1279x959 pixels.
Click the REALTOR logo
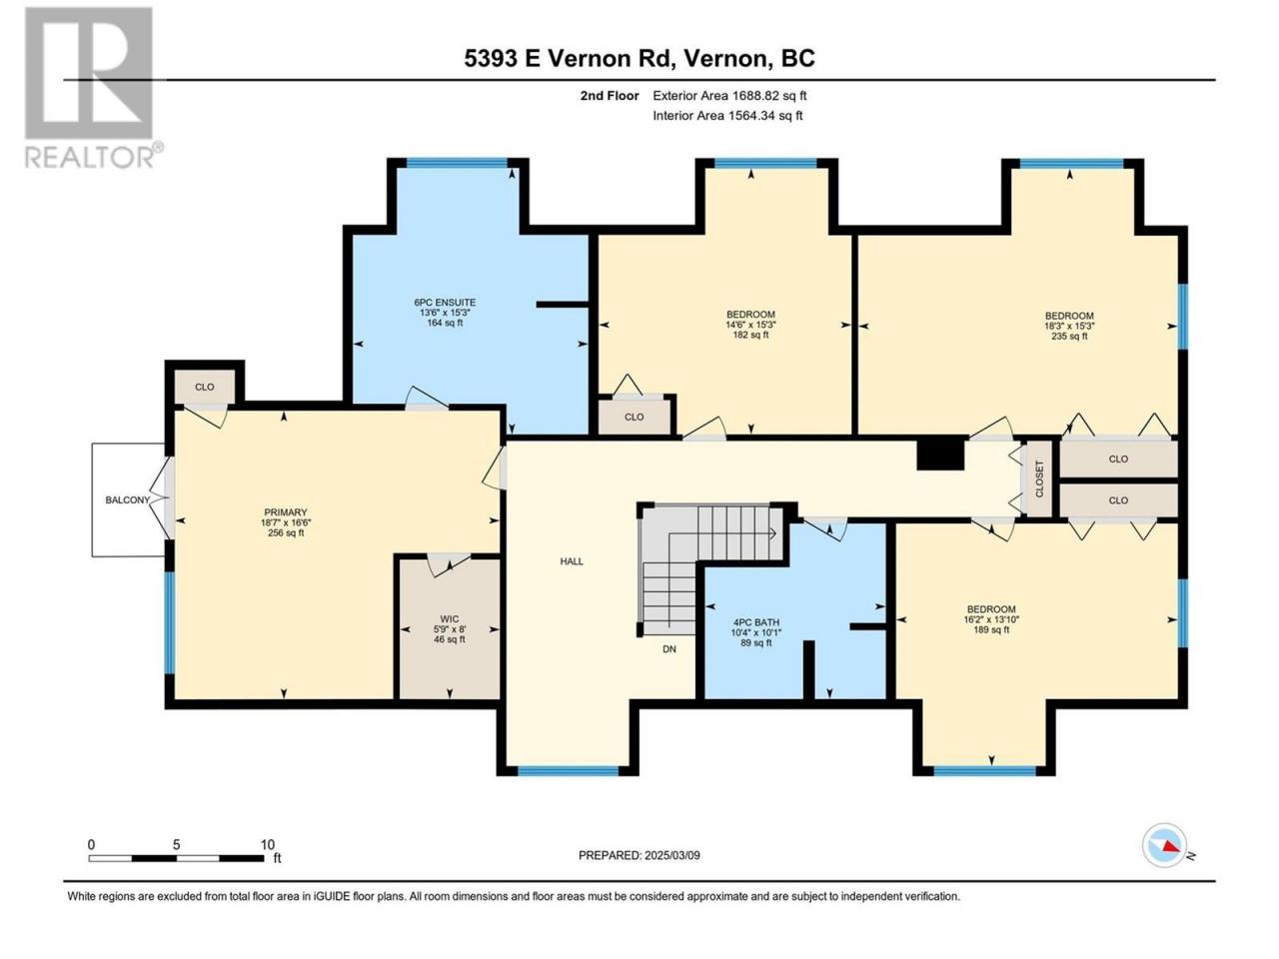tap(92, 87)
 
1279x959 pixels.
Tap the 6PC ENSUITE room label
tap(445, 303)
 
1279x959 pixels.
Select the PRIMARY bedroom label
tap(285, 512)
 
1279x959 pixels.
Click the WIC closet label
tap(450, 619)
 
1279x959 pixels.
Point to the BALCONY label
tap(128, 499)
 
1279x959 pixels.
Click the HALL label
tap(572, 561)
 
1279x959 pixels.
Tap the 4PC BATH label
tap(755, 622)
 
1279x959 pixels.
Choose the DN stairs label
tap(669, 648)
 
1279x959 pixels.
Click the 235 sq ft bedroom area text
tap(1069, 336)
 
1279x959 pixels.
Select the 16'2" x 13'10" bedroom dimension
tap(991, 619)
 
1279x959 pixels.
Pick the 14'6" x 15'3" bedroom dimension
tap(750, 325)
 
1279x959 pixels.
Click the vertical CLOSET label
tap(1039, 479)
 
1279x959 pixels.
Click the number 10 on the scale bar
tap(268, 844)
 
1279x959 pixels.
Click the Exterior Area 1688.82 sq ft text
tap(729, 96)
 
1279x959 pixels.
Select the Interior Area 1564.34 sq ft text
tap(727, 115)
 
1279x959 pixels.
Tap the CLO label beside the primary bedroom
tap(205, 387)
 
